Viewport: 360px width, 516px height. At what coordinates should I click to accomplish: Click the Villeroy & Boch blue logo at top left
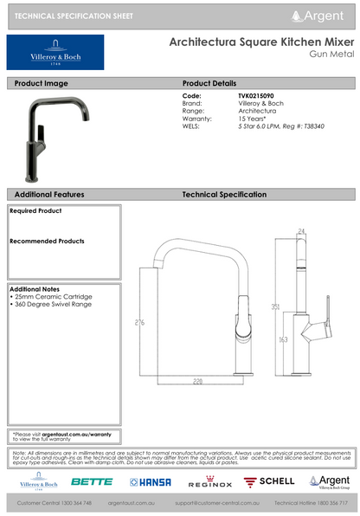point(55,52)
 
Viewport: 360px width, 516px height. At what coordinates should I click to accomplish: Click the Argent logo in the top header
point(325,16)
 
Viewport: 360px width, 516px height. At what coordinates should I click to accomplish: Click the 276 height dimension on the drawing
point(139,323)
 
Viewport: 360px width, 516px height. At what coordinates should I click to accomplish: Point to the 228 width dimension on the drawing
point(198,379)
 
